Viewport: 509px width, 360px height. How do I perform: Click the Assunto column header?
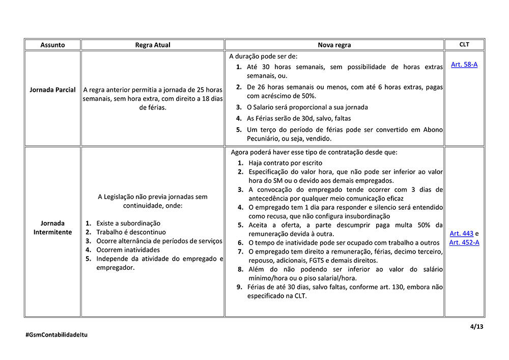coord(52,45)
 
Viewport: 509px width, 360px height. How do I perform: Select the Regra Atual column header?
coord(153,45)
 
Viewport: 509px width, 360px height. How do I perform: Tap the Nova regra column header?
coord(334,45)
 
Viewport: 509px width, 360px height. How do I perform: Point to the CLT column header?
coord(464,44)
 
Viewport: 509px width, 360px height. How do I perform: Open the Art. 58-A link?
coord(464,65)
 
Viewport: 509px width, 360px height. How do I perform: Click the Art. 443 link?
coord(461,233)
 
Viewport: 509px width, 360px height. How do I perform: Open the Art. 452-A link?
coord(464,242)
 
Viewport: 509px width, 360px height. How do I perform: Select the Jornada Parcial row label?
coord(53,90)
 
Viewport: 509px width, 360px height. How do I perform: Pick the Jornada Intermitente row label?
coord(53,228)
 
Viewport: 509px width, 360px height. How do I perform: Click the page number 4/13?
coord(477,326)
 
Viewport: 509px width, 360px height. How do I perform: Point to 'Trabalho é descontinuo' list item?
coord(131,232)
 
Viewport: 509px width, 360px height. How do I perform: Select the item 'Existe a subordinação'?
coord(128,223)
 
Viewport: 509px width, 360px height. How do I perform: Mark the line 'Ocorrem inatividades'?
coord(128,250)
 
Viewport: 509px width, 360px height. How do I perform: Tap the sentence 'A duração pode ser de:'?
coord(263,56)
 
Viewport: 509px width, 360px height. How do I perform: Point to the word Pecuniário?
coord(266,139)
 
